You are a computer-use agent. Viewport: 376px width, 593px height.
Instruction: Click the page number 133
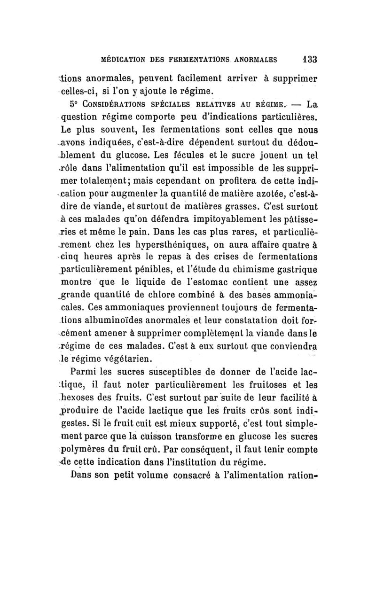[309, 60]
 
